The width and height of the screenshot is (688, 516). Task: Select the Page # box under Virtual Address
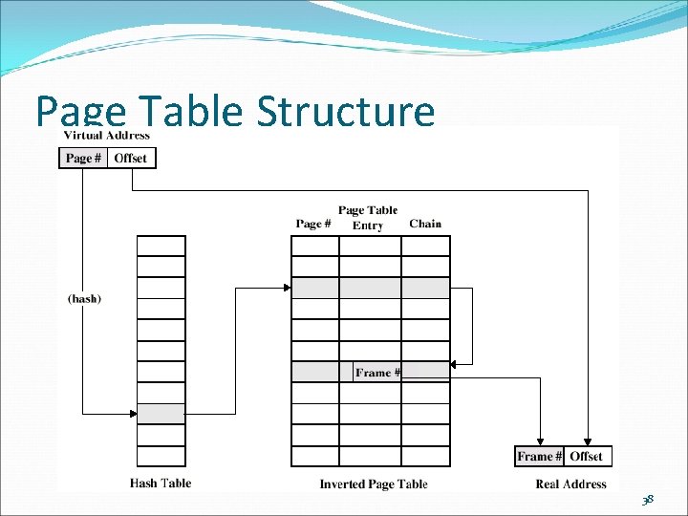[x=83, y=158]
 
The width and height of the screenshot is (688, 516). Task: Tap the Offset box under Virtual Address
[x=131, y=158]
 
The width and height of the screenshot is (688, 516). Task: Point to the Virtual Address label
[x=105, y=135]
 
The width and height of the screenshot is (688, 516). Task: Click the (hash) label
[x=84, y=298]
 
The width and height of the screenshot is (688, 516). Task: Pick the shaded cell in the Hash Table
[x=161, y=414]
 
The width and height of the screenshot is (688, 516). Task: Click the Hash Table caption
[x=161, y=484]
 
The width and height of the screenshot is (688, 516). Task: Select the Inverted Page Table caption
[x=373, y=484]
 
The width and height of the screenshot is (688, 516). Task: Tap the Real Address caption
[x=570, y=484]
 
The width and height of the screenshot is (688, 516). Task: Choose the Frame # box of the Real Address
[x=539, y=457]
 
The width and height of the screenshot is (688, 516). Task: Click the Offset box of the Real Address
[x=587, y=457]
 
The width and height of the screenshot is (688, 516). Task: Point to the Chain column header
[x=425, y=224]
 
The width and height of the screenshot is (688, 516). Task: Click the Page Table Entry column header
[x=368, y=218]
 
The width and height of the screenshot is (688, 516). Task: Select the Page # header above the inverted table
[x=313, y=224]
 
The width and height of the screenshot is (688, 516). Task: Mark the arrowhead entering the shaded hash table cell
[x=134, y=414]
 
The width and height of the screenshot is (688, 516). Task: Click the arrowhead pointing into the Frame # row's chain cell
[x=453, y=363]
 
